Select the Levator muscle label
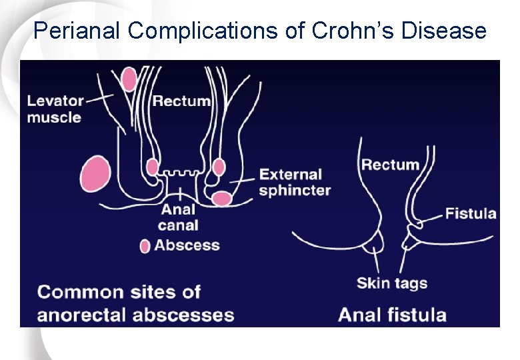tap(55, 109)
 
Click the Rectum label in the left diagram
tap(181, 101)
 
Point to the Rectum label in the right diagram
tap(391, 165)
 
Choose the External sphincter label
tap(294, 183)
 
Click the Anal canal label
tap(178, 217)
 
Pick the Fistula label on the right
tap(471, 214)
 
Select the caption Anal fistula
tap(392, 314)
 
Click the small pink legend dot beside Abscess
tap(145, 246)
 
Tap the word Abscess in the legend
tap(187, 245)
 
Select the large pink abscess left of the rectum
tap(95, 174)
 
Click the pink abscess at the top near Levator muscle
tap(129, 79)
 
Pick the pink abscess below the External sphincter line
tap(222, 198)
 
